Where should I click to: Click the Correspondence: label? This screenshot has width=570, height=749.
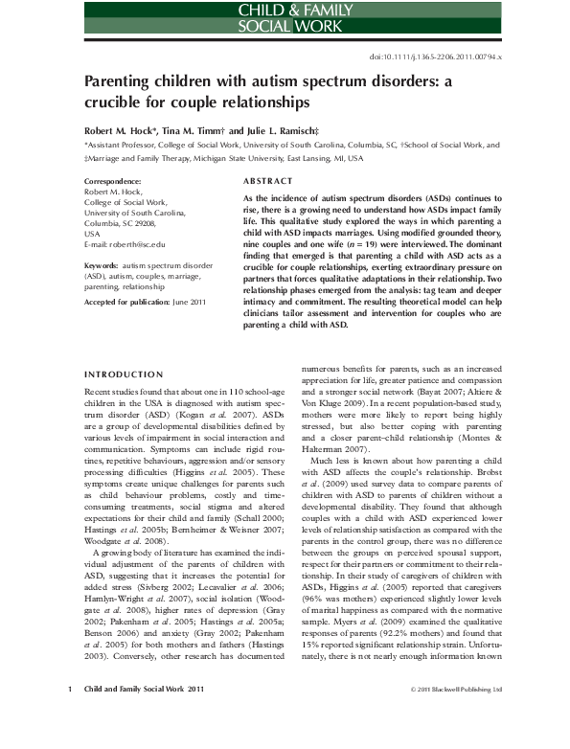(113, 181)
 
